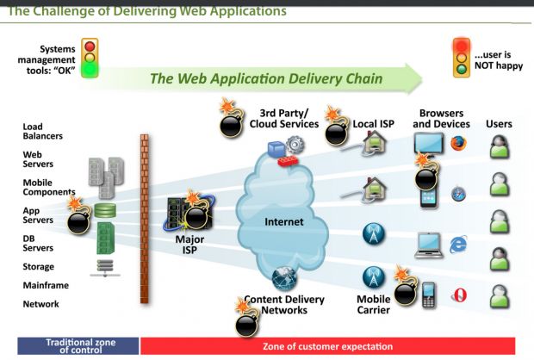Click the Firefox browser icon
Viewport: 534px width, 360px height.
click(x=458, y=143)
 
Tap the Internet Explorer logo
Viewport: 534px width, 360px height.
click(x=458, y=245)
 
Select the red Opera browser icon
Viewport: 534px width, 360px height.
click(x=459, y=295)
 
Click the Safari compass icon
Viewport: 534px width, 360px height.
click(x=458, y=194)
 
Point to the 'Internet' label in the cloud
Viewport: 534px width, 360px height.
click(x=283, y=222)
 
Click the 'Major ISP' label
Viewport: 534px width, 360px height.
click(x=189, y=245)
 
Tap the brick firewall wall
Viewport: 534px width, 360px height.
click(x=145, y=219)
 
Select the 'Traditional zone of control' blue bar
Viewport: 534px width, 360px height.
click(x=78, y=346)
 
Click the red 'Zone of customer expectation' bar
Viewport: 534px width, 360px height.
click(x=327, y=346)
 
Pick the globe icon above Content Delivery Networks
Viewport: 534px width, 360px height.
click(x=284, y=278)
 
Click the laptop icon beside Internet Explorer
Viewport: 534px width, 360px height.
click(x=429, y=245)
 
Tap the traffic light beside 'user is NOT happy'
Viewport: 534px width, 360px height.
click(x=462, y=57)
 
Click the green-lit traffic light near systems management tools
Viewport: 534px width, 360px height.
click(x=90, y=58)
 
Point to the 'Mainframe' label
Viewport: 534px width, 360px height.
click(x=46, y=285)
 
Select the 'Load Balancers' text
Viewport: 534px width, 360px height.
click(x=42, y=131)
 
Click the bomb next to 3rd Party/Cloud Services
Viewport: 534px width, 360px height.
click(x=232, y=119)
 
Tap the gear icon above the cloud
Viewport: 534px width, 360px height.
click(x=295, y=145)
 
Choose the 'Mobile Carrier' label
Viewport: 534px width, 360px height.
click(x=373, y=305)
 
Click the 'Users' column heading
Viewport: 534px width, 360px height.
click(x=499, y=124)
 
